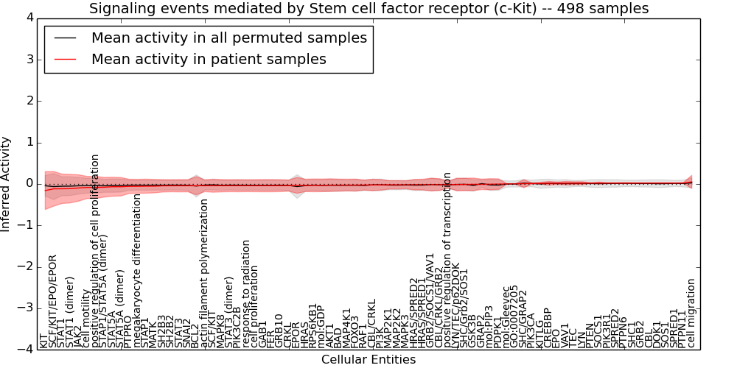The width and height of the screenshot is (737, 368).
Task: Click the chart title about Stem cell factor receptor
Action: (x=368, y=9)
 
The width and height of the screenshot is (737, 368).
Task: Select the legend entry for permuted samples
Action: (x=228, y=38)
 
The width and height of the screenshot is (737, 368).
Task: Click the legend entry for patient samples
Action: (x=209, y=59)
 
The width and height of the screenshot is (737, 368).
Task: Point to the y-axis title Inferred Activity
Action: (x=7, y=184)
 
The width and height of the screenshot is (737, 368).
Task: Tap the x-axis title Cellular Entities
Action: (x=368, y=360)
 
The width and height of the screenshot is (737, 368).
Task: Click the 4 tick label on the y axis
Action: (x=28, y=18)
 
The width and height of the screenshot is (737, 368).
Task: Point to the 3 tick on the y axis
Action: (x=28, y=59)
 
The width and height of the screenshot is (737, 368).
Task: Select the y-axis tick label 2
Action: (x=28, y=101)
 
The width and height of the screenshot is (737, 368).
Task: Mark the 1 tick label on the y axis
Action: (x=28, y=142)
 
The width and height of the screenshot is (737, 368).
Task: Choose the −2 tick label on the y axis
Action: (x=25, y=266)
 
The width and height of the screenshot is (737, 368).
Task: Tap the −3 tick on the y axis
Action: (x=25, y=308)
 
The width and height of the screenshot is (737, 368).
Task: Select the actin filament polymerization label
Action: (x=204, y=274)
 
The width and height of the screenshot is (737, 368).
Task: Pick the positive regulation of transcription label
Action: (x=447, y=261)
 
